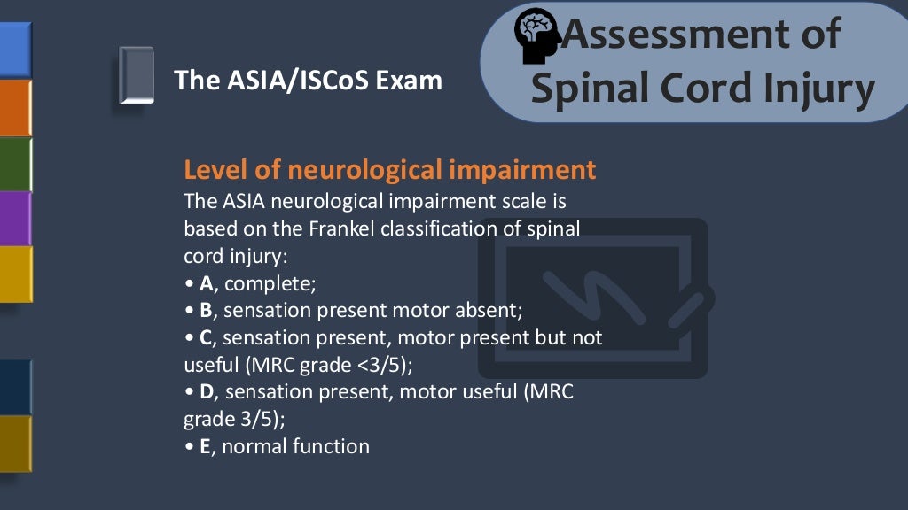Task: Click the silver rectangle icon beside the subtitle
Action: pos(137,75)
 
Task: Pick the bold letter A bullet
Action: pos(206,283)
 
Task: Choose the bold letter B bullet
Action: pos(206,311)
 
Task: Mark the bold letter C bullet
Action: pos(206,338)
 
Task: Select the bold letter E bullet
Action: pos(205,446)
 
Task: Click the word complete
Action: pos(270,284)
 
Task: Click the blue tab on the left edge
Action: pos(15,50)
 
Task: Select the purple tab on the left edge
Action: pos(15,218)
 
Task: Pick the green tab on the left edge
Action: pos(15,165)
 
